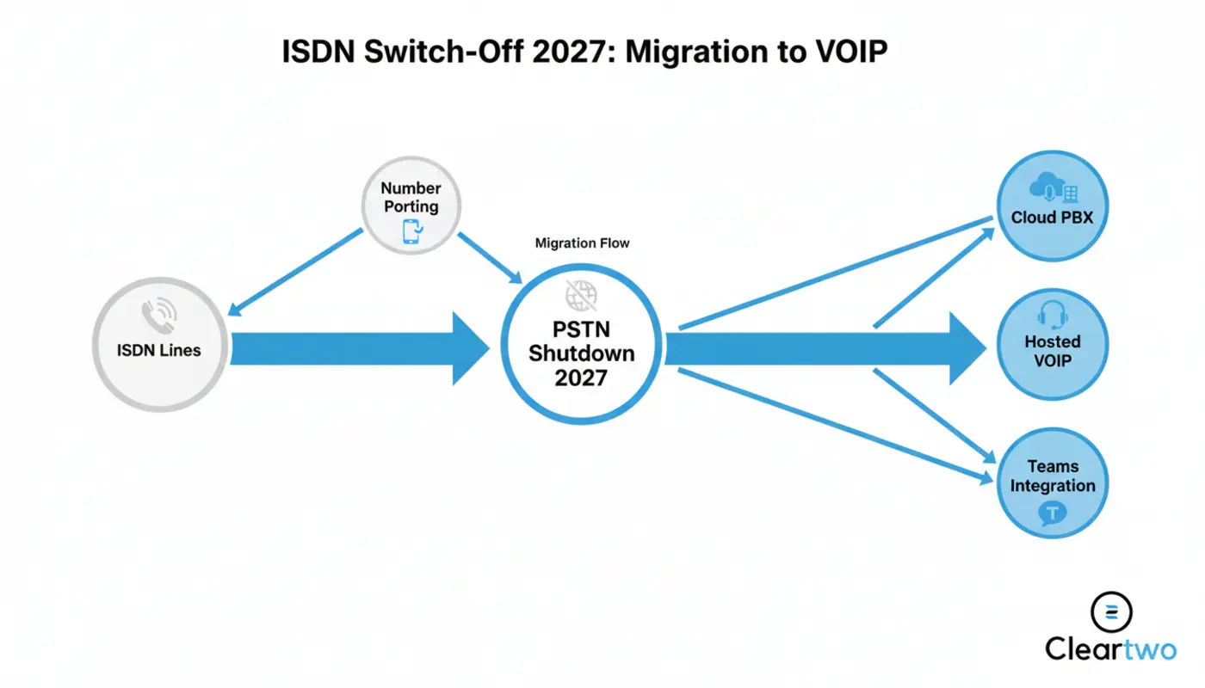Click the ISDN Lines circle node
point(159,351)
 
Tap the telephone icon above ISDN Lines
point(159,315)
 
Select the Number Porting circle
point(411,206)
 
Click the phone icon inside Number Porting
point(411,230)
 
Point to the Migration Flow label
point(582,243)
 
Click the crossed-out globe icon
point(581,296)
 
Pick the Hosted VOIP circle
point(1052,343)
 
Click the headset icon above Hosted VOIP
point(1052,316)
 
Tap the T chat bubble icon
point(1052,513)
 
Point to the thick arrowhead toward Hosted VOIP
point(967,348)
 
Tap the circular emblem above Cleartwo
point(1111,611)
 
